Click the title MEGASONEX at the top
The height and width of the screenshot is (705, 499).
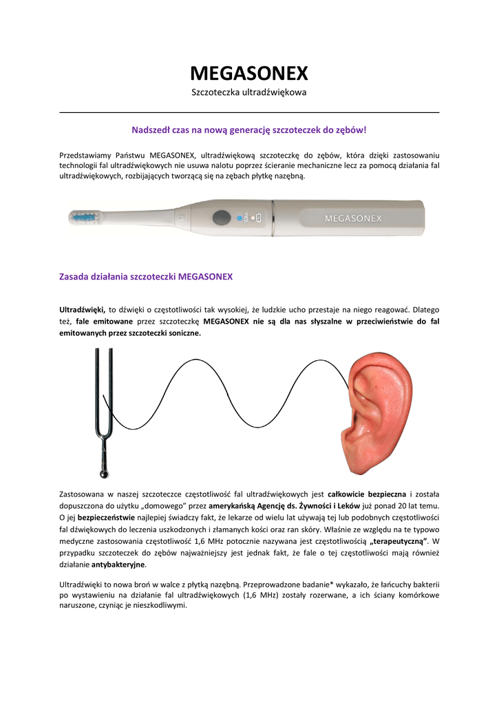click(x=249, y=73)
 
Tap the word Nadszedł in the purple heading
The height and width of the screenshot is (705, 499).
click(x=149, y=129)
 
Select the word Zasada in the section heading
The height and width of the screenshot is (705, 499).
click(x=75, y=277)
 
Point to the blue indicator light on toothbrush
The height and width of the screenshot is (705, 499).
click(x=240, y=218)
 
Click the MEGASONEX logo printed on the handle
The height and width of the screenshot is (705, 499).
click(x=353, y=218)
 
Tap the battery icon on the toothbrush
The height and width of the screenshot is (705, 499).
click(x=257, y=218)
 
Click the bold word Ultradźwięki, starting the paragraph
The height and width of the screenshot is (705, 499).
click(x=82, y=310)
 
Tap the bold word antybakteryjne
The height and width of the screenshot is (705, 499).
click(x=118, y=564)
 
